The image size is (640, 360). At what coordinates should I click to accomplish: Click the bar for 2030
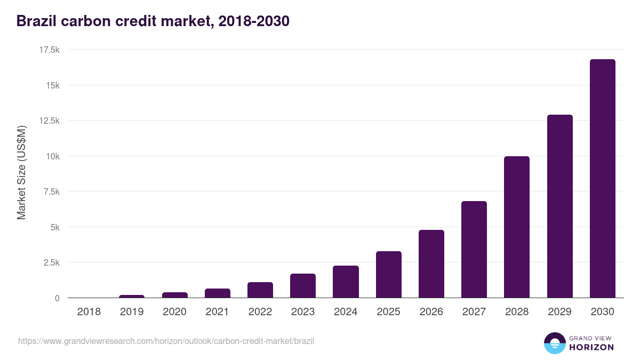click(x=602, y=179)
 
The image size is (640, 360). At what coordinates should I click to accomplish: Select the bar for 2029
click(x=559, y=206)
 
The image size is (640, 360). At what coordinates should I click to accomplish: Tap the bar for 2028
click(x=517, y=227)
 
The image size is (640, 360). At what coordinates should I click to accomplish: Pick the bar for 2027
click(x=474, y=250)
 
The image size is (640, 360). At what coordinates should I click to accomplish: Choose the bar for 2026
click(x=431, y=264)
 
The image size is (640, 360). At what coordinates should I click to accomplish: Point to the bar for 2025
click(x=388, y=275)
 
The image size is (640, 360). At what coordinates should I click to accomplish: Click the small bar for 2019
click(x=132, y=296)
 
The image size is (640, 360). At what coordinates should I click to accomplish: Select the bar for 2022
click(x=260, y=290)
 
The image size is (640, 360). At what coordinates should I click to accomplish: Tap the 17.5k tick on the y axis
click(x=49, y=50)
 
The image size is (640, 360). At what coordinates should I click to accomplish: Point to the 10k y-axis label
click(x=52, y=156)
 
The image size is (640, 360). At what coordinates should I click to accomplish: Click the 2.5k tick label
click(x=51, y=262)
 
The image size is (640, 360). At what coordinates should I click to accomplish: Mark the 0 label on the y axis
click(x=57, y=298)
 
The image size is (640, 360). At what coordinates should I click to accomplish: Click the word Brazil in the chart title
click(x=35, y=21)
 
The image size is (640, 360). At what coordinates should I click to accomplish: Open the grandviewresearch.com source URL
click(x=166, y=341)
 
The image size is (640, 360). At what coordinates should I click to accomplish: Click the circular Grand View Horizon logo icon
click(x=555, y=343)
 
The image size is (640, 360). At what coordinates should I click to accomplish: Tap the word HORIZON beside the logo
click(x=592, y=347)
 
